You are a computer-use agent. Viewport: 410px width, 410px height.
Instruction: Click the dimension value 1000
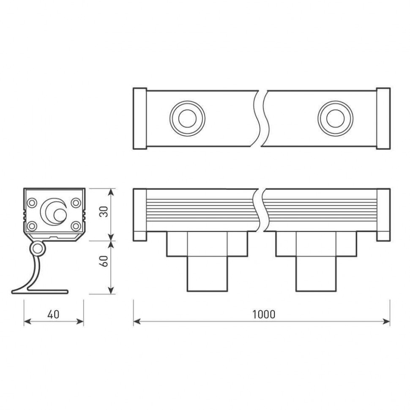[x=263, y=314]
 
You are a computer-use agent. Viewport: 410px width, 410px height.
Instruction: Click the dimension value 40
[x=53, y=314]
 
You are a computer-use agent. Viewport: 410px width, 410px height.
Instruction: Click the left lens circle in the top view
[x=187, y=118]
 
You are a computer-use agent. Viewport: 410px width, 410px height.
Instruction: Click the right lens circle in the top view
[x=336, y=118]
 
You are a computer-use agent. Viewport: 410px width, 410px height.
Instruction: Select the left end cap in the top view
[x=140, y=118]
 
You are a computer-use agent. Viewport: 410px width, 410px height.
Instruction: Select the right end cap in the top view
[x=383, y=118]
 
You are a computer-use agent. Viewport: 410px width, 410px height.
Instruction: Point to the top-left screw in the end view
[x=32, y=203]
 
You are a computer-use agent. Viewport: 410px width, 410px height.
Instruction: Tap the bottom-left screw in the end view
[x=32, y=226]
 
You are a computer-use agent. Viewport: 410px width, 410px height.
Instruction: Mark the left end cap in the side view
[x=140, y=215]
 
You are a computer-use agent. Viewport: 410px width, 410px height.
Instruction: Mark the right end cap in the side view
[x=383, y=215]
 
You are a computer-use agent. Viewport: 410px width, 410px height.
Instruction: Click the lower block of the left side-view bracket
[x=207, y=274]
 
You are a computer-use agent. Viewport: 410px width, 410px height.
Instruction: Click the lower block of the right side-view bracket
[x=316, y=274]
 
